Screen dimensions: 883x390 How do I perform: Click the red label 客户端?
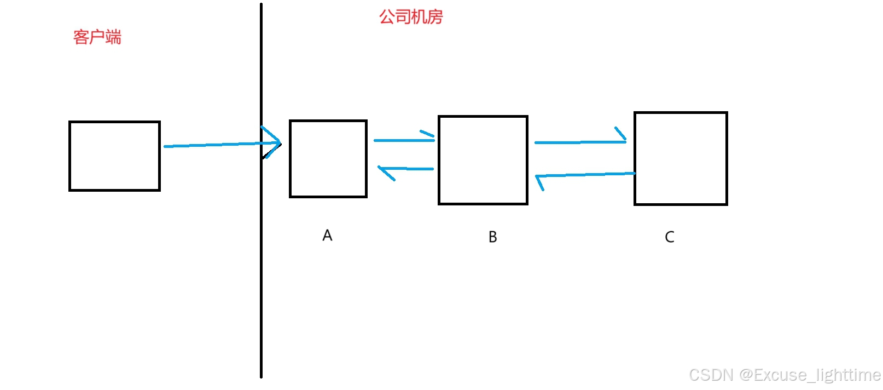97,37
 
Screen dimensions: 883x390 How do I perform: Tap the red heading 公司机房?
411,17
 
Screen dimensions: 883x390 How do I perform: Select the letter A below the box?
327,236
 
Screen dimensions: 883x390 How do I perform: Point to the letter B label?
492,237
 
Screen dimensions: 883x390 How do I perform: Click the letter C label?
669,237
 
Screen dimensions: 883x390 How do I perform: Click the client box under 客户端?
114,156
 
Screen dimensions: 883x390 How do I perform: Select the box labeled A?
328,159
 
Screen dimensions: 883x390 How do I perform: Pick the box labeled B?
483,160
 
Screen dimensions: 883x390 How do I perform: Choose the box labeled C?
681,159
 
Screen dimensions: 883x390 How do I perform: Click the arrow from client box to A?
213,145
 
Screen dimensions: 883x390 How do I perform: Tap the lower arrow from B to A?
408,169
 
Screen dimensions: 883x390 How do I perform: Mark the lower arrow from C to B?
585,175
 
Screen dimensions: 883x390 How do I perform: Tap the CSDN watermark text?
785,375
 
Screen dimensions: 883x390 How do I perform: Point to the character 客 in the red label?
81,37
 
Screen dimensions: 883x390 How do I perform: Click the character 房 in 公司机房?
435,17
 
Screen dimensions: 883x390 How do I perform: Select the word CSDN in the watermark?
711,375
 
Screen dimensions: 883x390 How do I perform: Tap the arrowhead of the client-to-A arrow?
274,142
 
